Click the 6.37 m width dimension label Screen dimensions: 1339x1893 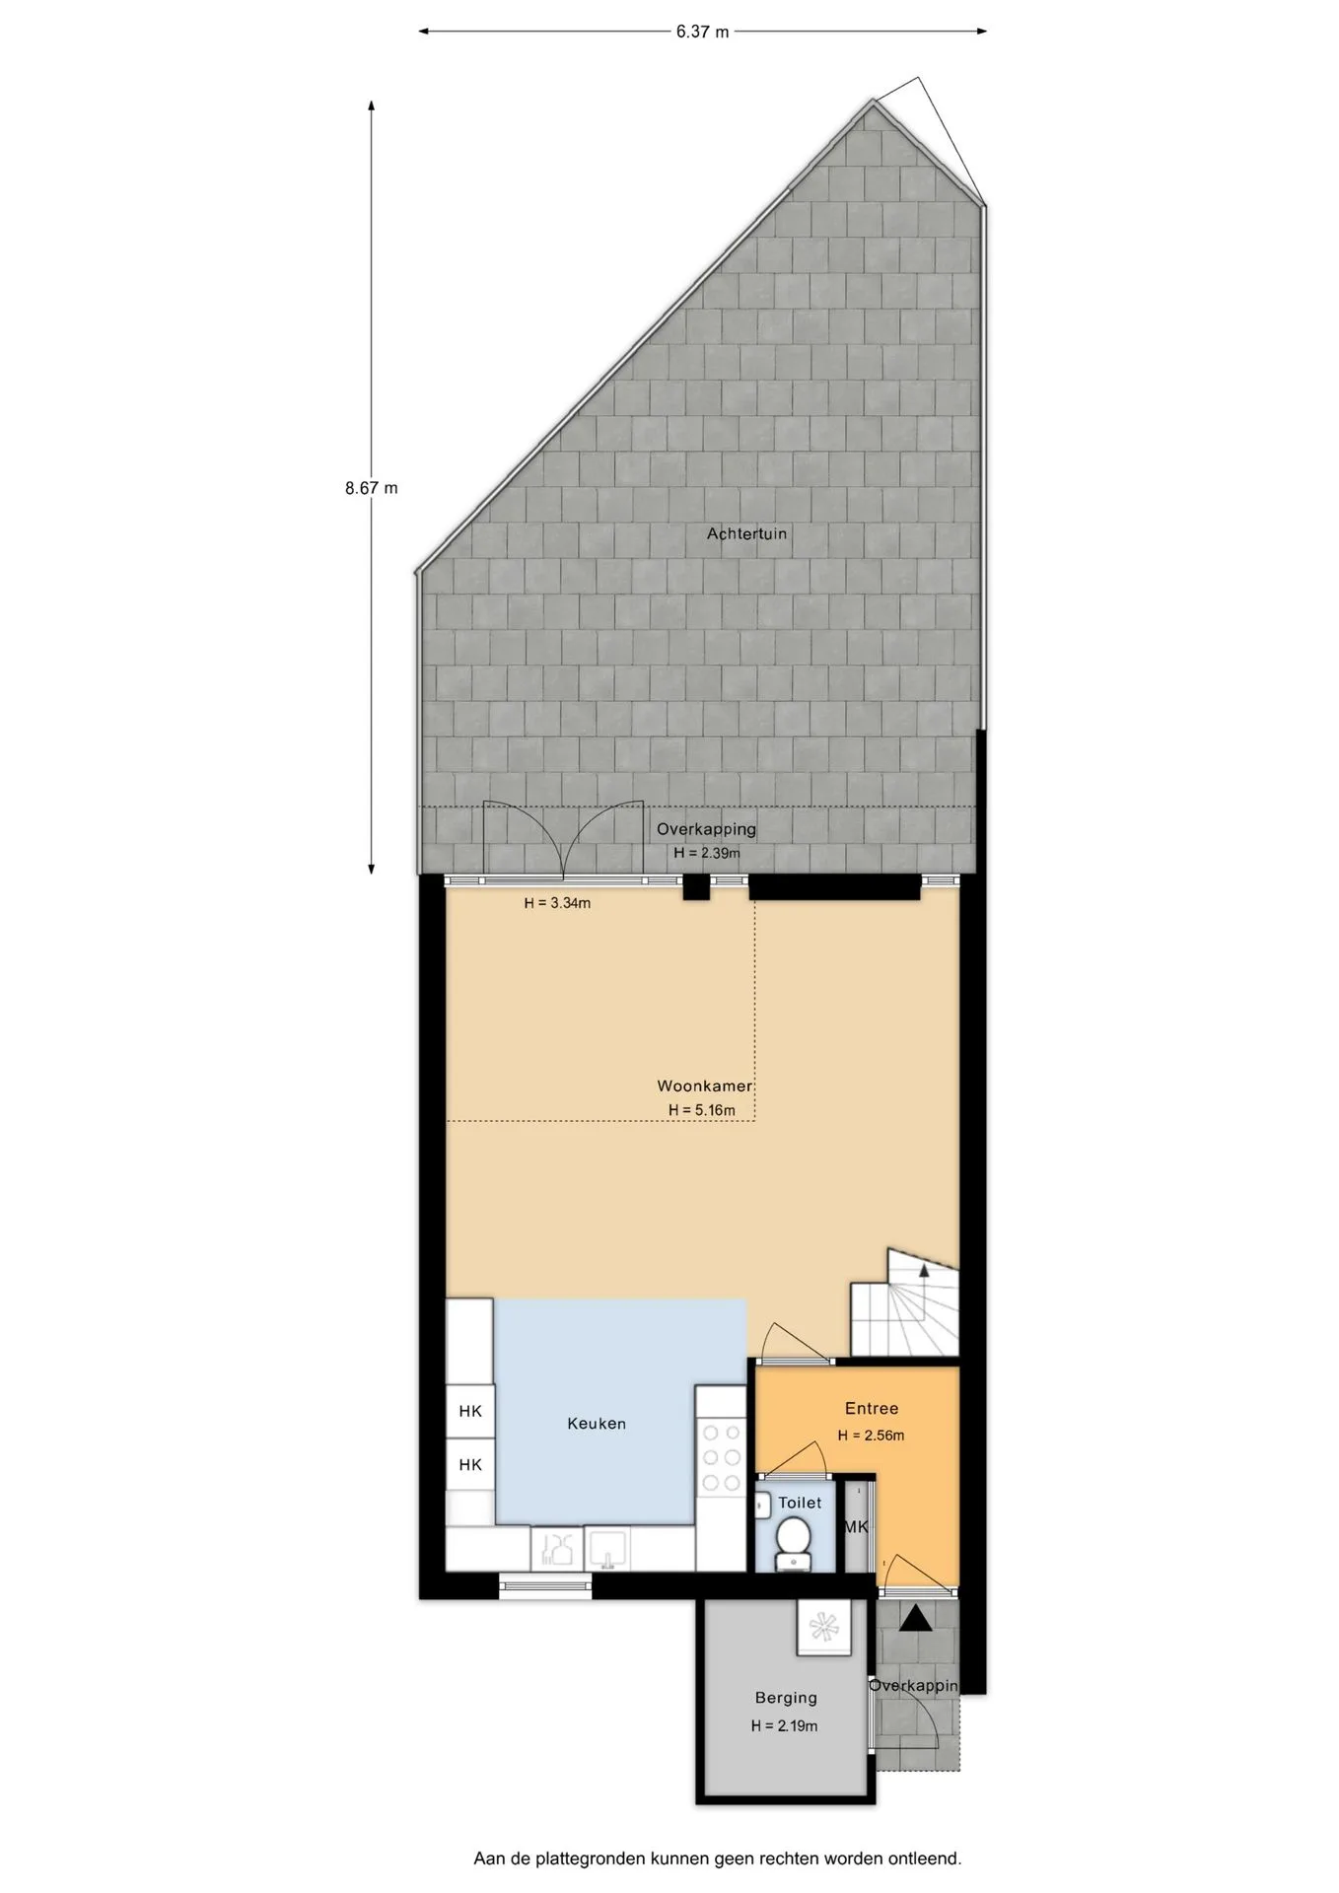point(702,32)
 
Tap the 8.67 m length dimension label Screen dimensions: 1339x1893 point(372,487)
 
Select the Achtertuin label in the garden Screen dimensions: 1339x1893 point(746,533)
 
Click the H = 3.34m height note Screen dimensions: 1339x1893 point(557,902)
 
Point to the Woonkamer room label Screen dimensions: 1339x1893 point(705,1086)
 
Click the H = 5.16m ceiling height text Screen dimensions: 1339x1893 point(702,1110)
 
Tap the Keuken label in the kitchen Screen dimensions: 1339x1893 point(597,1424)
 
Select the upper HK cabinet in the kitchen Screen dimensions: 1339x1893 point(470,1411)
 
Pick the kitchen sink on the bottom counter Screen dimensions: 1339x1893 point(609,1548)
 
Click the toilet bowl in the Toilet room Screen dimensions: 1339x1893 point(792,1542)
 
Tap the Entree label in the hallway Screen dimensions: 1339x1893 point(872,1409)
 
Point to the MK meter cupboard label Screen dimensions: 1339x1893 point(856,1527)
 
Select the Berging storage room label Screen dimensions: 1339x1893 point(786,1698)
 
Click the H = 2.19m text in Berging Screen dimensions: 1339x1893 point(784,1726)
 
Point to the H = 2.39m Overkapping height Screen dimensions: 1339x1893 point(707,853)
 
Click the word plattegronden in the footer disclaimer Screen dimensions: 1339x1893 point(591,1859)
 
